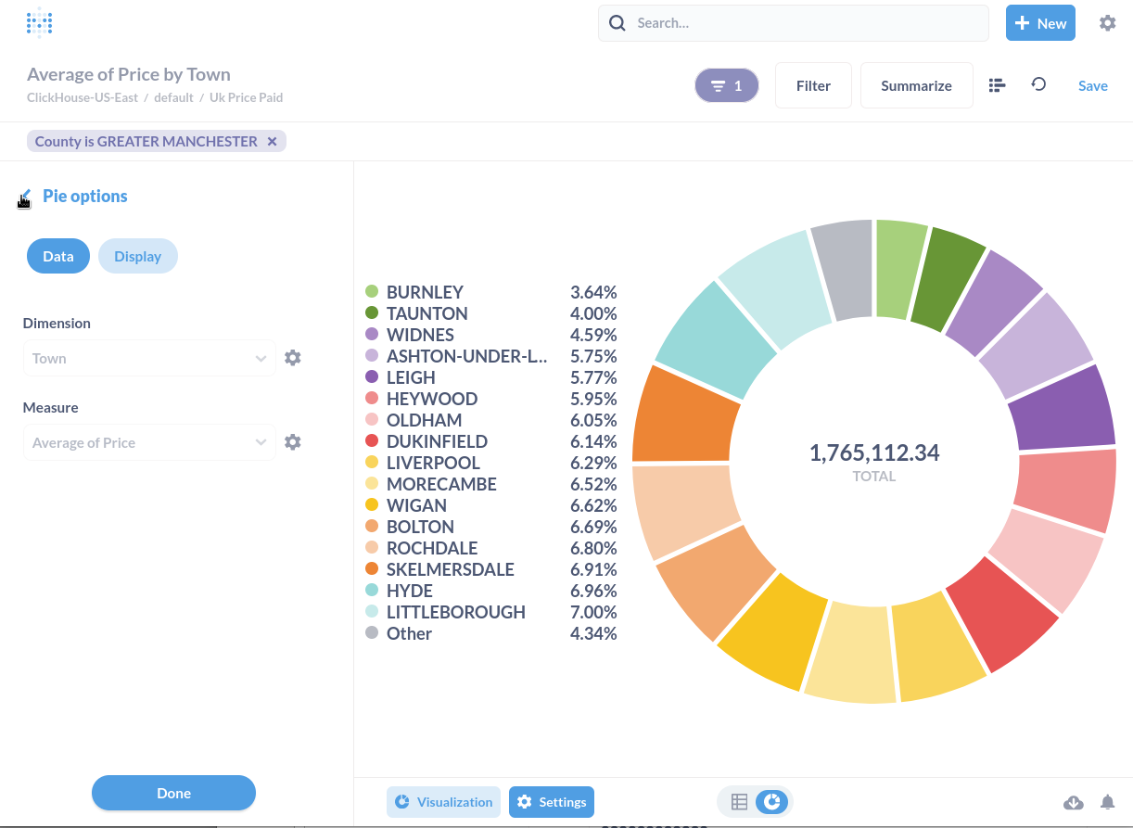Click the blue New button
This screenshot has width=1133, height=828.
[1040, 23]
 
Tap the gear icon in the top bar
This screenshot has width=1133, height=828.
[1107, 23]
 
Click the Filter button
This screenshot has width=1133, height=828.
[813, 85]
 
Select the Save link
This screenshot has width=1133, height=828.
[1092, 85]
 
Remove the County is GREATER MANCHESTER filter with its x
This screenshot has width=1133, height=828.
[272, 142]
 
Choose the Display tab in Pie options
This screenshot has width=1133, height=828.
[137, 256]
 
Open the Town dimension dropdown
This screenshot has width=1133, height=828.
[148, 359]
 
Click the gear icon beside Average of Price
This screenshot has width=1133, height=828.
[293, 442]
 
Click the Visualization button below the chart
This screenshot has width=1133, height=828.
[443, 802]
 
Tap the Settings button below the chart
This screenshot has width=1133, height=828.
[552, 802]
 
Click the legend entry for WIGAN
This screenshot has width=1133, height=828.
[416, 505]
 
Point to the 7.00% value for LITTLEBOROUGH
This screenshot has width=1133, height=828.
[593, 612]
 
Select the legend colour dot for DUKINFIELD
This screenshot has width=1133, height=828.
[372, 441]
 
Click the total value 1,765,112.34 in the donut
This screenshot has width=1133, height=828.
[873, 452]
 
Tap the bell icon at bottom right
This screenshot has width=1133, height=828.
[1107, 802]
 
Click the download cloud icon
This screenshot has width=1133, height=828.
[1073, 802]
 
